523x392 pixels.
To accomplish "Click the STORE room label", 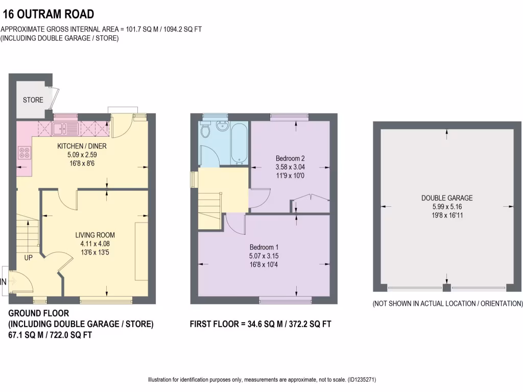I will pyautogui.click(x=33, y=100).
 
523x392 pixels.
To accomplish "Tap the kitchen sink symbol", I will pyautogui.click(x=65, y=128).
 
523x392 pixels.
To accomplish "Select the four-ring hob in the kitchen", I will pyautogui.click(x=24, y=153).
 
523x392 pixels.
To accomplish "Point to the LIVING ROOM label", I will pyautogui.click(x=95, y=235).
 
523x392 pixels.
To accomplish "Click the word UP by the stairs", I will pyautogui.click(x=28, y=258).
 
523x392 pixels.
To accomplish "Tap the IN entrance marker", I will pyautogui.click(x=3, y=281).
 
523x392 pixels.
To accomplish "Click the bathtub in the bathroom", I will pyautogui.click(x=239, y=143).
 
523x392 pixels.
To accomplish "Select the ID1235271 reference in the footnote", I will pyautogui.click(x=362, y=380).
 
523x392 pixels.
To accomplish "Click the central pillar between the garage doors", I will pyautogui.click(x=447, y=287).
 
